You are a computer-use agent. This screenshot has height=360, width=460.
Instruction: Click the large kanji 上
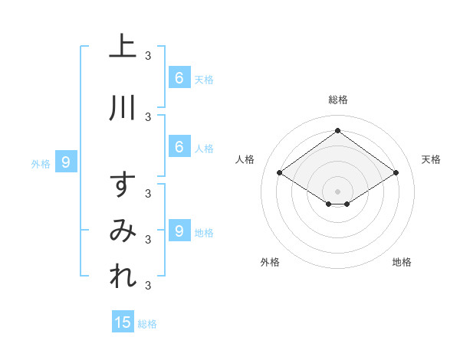click(123, 45)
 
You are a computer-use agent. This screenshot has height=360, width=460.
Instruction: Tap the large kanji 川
click(123, 108)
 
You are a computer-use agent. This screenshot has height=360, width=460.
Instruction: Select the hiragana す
click(123, 184)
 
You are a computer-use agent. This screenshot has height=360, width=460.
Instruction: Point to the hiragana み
click(123, 231)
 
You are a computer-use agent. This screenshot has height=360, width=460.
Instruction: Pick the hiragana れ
click(123, 275)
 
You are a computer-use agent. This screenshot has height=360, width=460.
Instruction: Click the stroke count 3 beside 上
click(148, 56)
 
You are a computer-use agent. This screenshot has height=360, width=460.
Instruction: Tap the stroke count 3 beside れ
click(148, 285)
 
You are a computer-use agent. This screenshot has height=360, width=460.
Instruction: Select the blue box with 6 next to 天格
click(179, 77)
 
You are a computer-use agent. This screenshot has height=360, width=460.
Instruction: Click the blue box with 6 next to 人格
click(179, 146)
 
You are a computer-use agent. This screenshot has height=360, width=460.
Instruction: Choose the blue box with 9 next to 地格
click(179, 230)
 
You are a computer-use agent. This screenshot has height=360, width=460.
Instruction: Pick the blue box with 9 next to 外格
click(66, 162)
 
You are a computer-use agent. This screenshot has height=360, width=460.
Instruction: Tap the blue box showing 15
click(123, 321)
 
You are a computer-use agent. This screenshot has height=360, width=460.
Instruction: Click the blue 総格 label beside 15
click(147, 324)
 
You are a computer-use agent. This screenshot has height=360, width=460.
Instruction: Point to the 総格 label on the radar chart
click(338, 100)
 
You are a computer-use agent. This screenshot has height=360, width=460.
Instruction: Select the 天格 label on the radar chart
click(431, 159)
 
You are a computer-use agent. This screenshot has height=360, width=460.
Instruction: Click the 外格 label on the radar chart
click(270, 262)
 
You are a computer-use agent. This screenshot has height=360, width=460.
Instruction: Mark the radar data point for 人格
click(280, 172)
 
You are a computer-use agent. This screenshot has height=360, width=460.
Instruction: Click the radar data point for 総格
click(337, 130)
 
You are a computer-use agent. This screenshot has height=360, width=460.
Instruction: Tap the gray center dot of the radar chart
click(337, 191)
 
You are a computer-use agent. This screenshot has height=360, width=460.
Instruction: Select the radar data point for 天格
click(396, 172)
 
